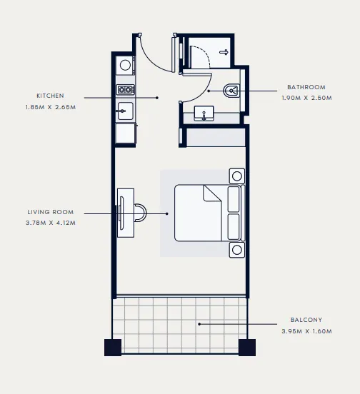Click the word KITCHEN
[x=50, y=95]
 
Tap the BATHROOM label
[x=306, y=87]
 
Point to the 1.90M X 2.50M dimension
[x=306, y=98]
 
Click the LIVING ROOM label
[x=50, y=212]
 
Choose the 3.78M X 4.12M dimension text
[x=50, y=223]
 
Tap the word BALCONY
[x=306, y=320]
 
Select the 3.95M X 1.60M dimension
[x=306, y=331]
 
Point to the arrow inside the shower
[x=223, y=52]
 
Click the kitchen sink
[x=125, y=111]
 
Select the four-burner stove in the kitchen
[x=126, y=90]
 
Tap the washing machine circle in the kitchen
[x=126, y=65]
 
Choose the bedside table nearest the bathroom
[x=236, y=176]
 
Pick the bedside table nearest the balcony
[x=236, y=249]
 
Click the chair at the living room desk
[x=141, y=212]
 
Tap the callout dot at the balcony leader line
[x=199, y=323]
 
